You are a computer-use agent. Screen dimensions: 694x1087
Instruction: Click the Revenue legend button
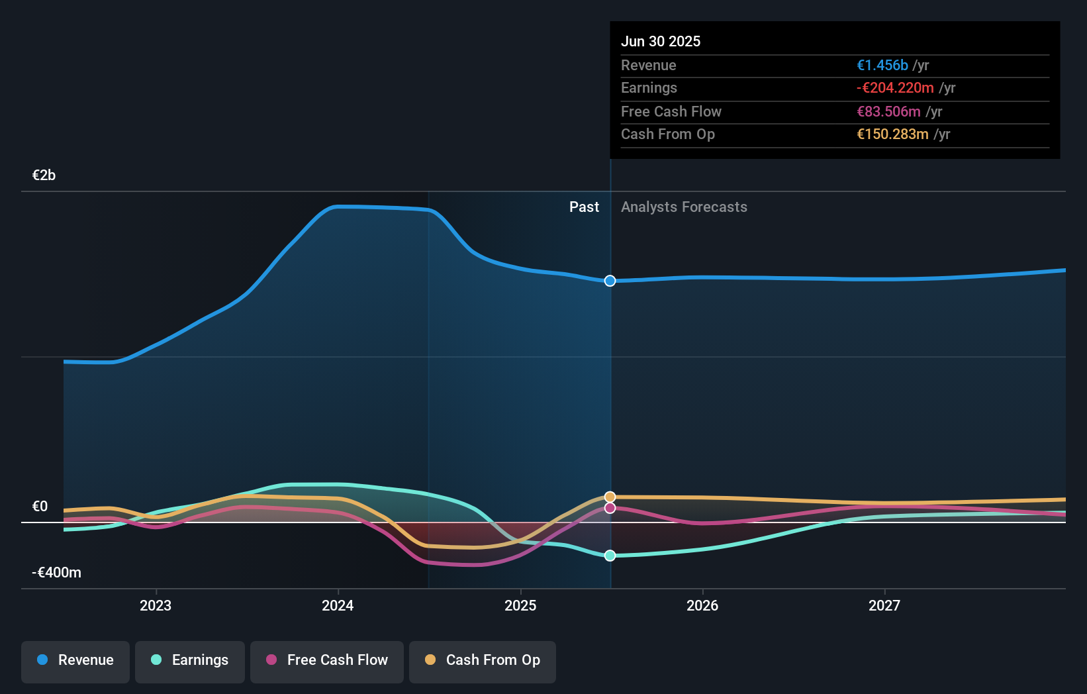[75, 660]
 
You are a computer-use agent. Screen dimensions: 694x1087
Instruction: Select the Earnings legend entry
[190, 660]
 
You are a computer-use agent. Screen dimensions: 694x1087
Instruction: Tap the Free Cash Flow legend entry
[327, 660]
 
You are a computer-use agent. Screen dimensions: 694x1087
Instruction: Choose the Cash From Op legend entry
[483, 660]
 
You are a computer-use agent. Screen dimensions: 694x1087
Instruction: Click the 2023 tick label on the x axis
[156, 606]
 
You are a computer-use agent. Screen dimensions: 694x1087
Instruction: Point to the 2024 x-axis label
[338, 606]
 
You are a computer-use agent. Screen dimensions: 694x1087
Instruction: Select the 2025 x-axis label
[520, 606]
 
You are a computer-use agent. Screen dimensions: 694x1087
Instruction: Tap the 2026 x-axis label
[702, 606]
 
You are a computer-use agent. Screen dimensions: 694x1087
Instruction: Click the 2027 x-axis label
[884, 606]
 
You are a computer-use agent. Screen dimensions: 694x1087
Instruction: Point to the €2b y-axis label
[44, 175]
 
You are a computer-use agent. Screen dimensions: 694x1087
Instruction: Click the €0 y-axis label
[40, 507]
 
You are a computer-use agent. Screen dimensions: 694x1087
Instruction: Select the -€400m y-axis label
[56, 573]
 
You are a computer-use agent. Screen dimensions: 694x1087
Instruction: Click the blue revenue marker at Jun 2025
[610, 281]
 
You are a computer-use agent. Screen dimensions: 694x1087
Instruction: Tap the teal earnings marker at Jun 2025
[610, 556]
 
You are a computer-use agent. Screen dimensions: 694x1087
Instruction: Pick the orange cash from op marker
[610, 497]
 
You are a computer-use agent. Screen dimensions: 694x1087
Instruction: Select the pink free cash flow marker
[610, 508]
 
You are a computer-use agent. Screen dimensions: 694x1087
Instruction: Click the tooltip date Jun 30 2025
[660, 41]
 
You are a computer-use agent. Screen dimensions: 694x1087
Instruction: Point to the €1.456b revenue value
[882, 65]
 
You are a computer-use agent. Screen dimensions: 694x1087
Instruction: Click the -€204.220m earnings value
[895, 88]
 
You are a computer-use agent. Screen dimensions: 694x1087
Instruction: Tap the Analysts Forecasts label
[684, 207]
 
